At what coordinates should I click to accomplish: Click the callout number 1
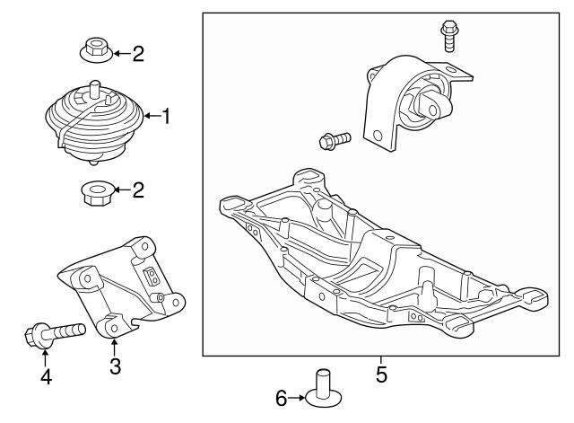click(166, 116)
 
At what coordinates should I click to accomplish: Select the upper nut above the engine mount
click(96, 50)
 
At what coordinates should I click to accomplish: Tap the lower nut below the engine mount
click(97, 193)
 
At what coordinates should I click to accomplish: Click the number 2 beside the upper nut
click(138, 54)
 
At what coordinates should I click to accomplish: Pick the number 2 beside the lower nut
click(138, 189)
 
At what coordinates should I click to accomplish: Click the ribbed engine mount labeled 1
click(95, 122)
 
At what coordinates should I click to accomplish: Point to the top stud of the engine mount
click(94, 88)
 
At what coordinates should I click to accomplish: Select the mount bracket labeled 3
click(121, 286)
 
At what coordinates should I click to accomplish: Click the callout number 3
click(115, 366)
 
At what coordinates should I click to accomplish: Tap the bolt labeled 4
click(55, 333)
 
